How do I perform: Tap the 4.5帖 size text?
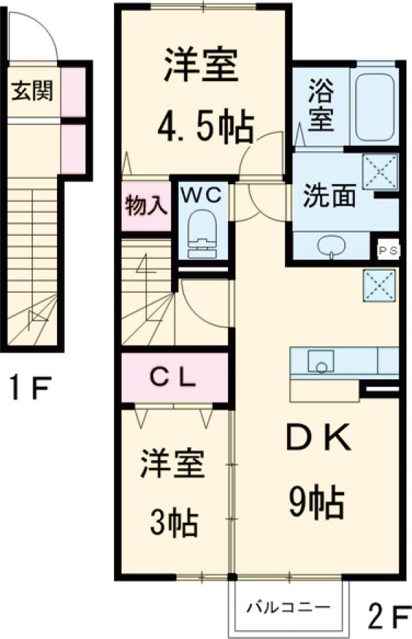coord(204,125)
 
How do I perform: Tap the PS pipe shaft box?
coord(389,250)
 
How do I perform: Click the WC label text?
coord(202,194)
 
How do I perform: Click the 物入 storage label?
coord(146,205)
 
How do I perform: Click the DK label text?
coord(318,438)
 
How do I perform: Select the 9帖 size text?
coord(315,504)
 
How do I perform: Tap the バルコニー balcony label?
coord(289,607)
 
